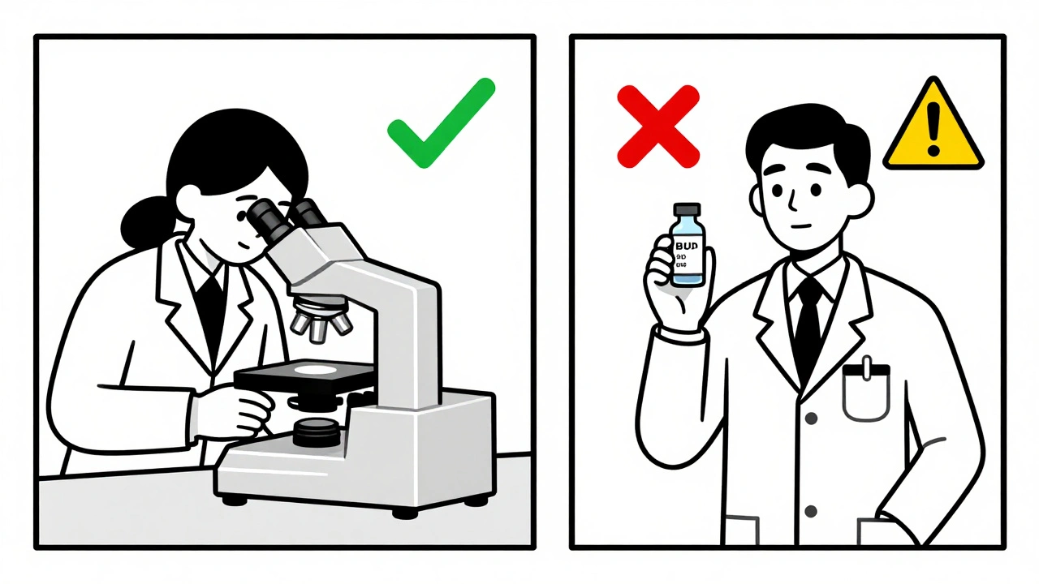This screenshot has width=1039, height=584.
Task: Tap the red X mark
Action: [657, 127]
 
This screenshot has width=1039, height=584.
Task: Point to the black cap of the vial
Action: [687, 211]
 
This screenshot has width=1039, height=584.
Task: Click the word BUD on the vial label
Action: [687, 243]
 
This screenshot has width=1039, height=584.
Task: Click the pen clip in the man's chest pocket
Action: [866, 369]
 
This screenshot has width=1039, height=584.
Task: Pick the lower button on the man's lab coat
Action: [810, 511]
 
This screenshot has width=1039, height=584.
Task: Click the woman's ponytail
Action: [144, 217]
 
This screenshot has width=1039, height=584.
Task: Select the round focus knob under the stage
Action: [317, 432]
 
